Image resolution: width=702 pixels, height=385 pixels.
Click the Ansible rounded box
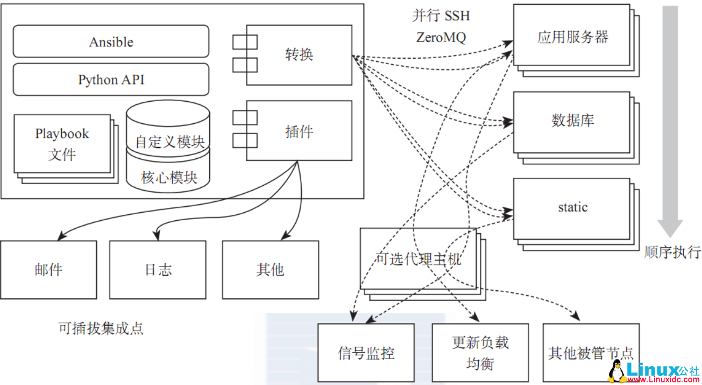click(111, 41)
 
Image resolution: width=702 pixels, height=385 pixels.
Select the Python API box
click(111, 80)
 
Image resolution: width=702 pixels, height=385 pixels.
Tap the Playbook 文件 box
click(62, 144)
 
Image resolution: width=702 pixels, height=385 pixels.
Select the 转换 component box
click(299, 55)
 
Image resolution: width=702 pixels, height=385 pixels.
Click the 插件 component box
click(299, 131)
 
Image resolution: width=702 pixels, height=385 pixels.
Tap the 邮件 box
click(48, 269)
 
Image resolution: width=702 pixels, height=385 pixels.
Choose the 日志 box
click(158, 269)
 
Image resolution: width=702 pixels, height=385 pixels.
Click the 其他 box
click(270, 269)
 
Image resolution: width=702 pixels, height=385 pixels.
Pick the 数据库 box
click(571, 121)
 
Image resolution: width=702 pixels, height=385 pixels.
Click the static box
click(571, 208)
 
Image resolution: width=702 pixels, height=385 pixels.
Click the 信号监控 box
click(366, 353)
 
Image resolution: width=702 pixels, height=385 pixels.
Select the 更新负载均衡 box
click(480, 353)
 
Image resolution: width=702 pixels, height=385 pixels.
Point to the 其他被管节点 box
click(591, 353)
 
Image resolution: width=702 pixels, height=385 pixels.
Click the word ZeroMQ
click(441, 37)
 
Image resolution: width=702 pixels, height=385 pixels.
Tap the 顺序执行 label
click(672, 252)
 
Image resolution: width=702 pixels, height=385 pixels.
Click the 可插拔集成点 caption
click(101, 328)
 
